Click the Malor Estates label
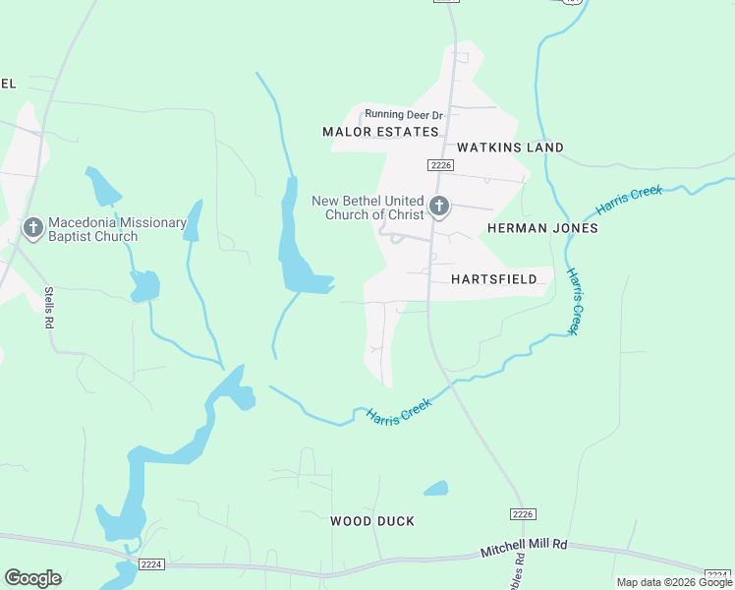(x=380, y=132)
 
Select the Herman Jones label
(x=542, y=228)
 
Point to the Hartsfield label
(x=494, y=279)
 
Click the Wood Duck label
(x=372, y=521)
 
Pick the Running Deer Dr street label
(x=404, y=115)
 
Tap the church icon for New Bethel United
(x=439, y=206)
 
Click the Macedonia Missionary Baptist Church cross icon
(x=32, y=229)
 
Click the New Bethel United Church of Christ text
(x=367, y=207)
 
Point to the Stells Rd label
(x=48, y=307)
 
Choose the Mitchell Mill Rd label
(x=524, y=548)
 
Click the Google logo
(x=32, y=578)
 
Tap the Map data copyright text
(x=674, y=582)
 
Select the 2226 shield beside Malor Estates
(x=439, y=165)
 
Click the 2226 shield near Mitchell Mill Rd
(x=523, y=514)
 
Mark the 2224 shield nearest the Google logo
(x=151, y=564)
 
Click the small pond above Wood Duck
(x=435, y=488)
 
